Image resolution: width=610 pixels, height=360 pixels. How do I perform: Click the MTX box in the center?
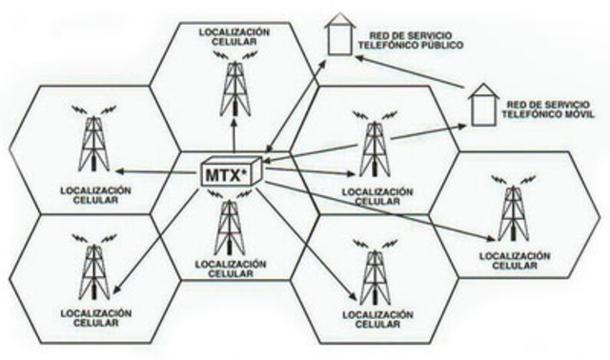[x=230, y=174]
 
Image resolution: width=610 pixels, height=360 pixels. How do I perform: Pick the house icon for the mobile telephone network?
[x=482, y=106]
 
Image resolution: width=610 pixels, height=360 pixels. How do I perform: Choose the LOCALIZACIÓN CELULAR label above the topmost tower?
[x=234, y=36]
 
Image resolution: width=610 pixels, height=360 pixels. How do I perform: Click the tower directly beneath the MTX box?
[x=229, y=227]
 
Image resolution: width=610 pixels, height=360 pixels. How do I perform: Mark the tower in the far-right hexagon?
[x=516, y=211]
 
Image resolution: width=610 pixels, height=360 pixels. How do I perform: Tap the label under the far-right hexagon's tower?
[x=516, y=261]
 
